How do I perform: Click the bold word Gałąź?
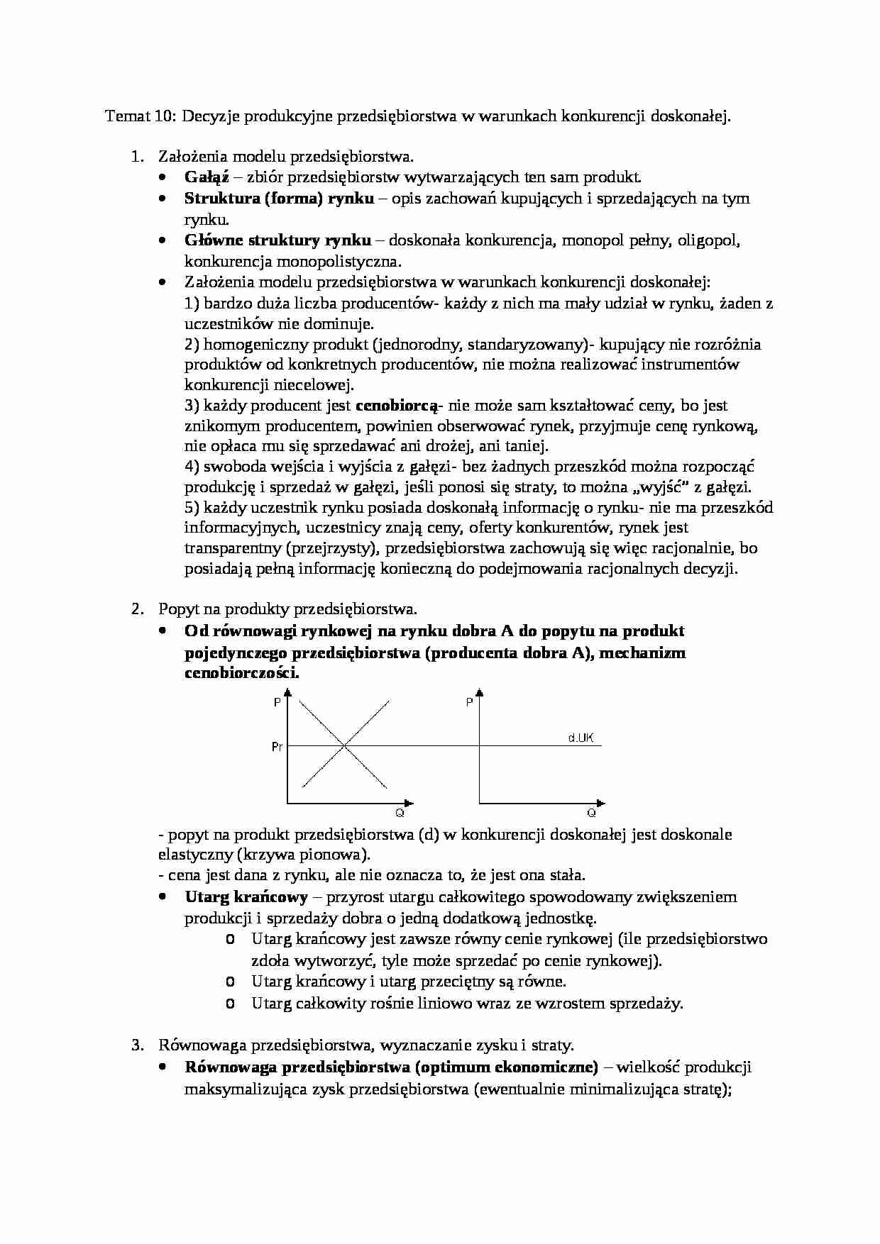point(202,177)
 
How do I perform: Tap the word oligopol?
point(710,240)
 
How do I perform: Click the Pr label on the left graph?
point(277,747)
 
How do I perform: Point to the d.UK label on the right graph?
point(581,738)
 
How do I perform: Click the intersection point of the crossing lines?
point(345,745)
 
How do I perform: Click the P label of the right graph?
point(469,702)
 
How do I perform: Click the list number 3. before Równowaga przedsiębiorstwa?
point(138,1045)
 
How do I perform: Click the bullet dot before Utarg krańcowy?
point(163,897)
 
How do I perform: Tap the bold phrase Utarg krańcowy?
point(246,897)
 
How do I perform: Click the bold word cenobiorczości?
point(241,674)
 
